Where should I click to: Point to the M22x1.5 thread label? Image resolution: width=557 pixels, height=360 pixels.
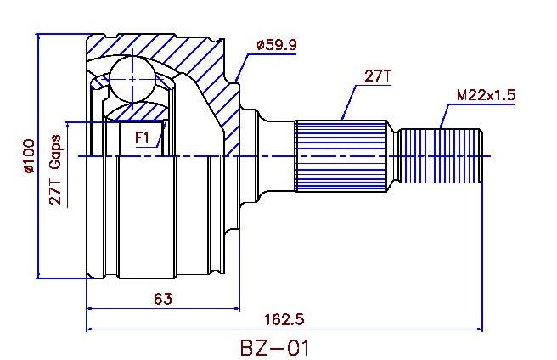point(486,95)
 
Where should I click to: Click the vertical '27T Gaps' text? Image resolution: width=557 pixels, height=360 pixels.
point(55,170)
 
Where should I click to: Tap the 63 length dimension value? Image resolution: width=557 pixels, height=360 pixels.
point(163,298)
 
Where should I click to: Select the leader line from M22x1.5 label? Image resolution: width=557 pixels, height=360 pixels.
point(446,115)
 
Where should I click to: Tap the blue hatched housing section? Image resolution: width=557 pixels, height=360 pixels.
point(204,68)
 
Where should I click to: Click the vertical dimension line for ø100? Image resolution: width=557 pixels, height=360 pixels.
point(39,212)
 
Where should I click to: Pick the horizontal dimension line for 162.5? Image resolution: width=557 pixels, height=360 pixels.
point(382,329)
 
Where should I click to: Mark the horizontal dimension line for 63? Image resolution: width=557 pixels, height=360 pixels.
point(204,307)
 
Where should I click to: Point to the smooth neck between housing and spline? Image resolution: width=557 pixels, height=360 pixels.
point(276,156)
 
